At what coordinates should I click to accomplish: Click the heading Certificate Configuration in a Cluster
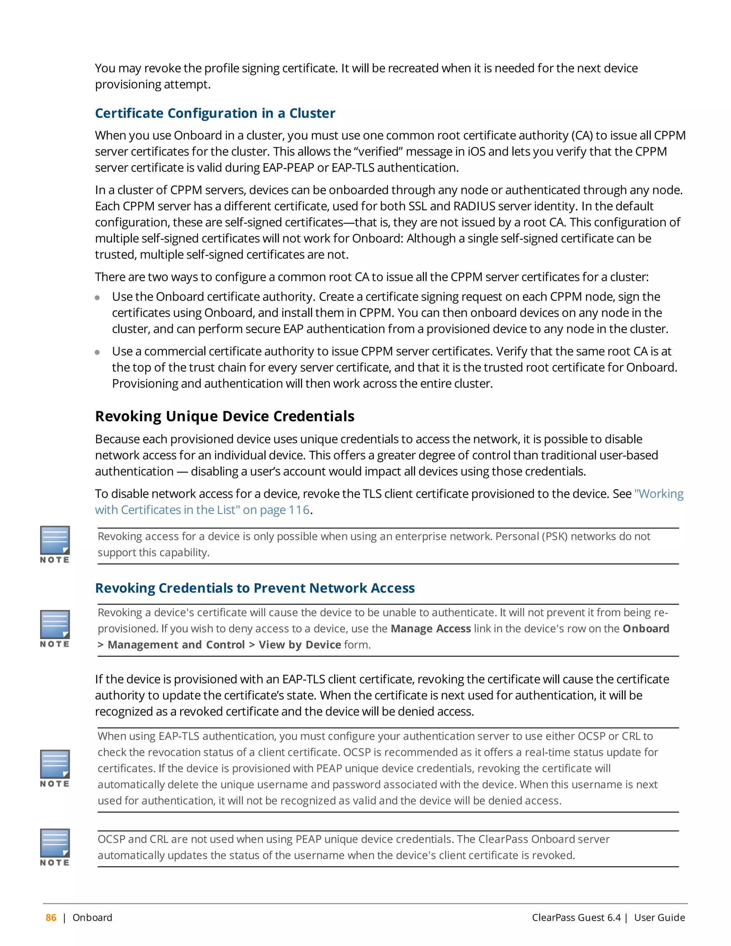pos(215,113)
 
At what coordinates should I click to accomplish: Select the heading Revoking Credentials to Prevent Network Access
pos(254,588)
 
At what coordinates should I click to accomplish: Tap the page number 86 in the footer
pos(51,917)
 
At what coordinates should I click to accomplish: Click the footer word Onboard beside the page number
pos(92,917)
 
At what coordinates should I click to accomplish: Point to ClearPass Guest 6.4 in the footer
pos(576,917)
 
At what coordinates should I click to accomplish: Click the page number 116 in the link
pos(299,510)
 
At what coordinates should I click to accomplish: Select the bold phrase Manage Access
pos(430,629)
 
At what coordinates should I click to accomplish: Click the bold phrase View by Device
pos(300,644)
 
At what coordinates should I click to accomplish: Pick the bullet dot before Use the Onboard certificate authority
pos(97,298)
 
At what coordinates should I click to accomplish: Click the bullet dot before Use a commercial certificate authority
pos(97,352)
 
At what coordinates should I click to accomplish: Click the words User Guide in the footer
pos(659,917)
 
